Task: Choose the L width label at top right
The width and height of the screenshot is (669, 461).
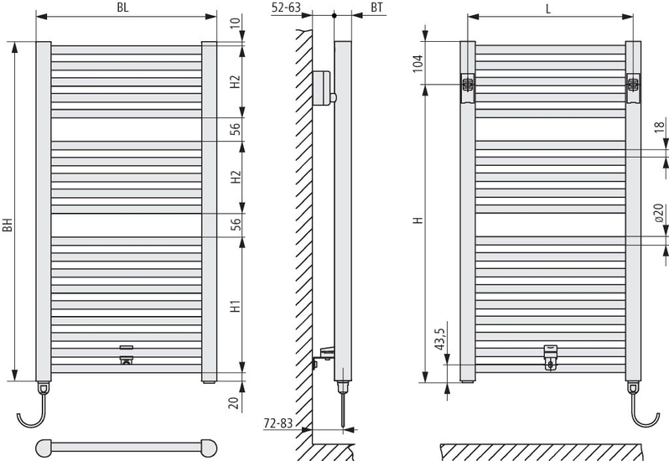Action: click(x=547, y=8)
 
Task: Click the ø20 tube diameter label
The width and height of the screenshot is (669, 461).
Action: click(x=660, y=213)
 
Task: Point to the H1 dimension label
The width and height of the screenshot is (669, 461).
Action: click(x=236, y=307)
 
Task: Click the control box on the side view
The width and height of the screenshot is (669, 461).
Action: click(x=322, y=89)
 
